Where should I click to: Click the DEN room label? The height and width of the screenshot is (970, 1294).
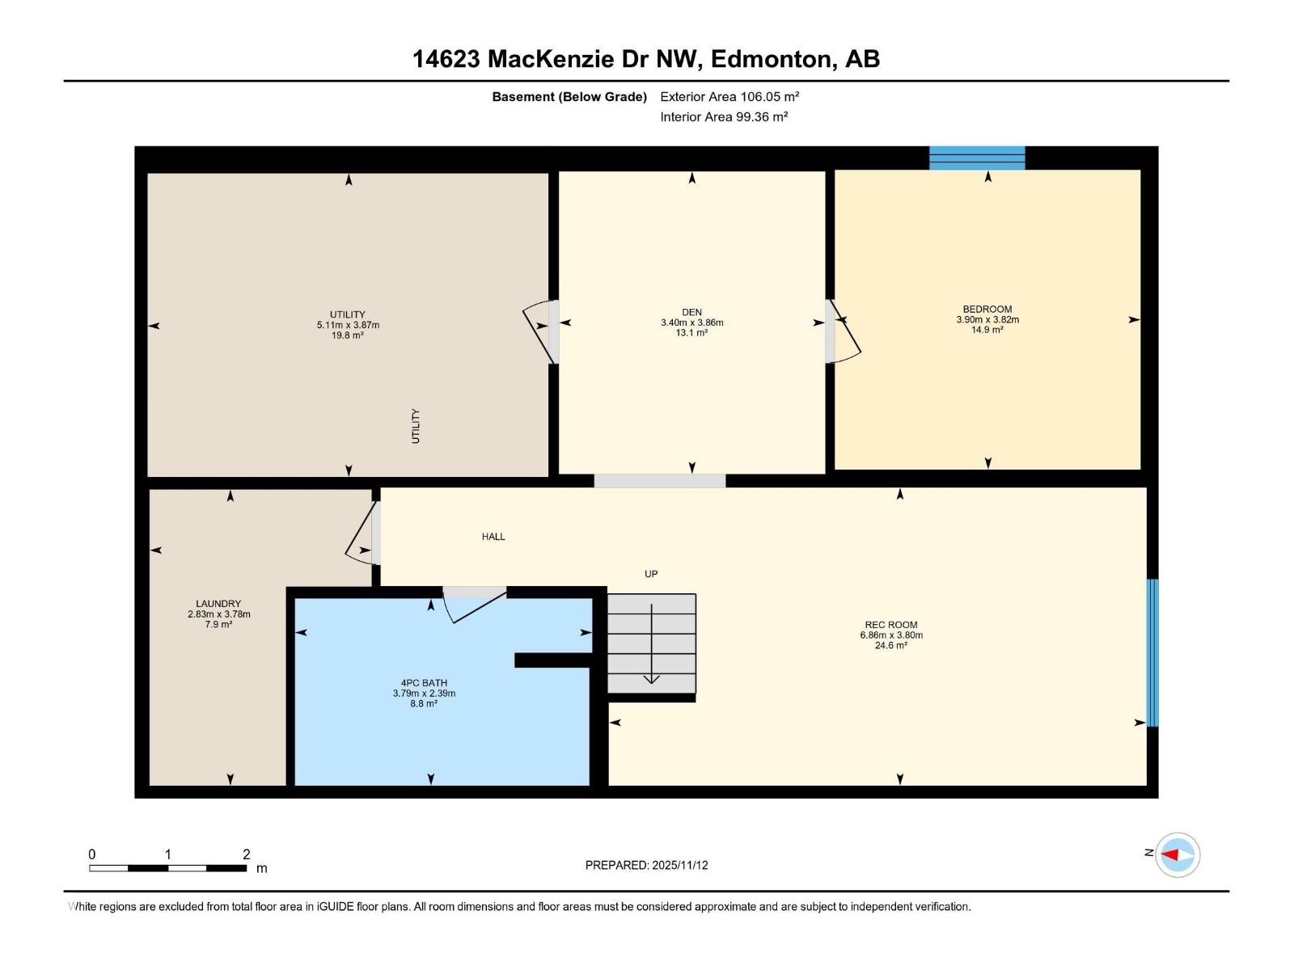pos(691,312)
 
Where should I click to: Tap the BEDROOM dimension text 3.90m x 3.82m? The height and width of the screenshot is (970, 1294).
pos(987,319)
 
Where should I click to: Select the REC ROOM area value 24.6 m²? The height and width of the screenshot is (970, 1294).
pos(890,645)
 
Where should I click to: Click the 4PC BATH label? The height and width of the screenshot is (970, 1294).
pos(424,683)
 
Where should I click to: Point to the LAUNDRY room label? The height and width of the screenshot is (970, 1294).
pos(218,604)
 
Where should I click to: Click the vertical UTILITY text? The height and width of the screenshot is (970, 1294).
pos(416,426)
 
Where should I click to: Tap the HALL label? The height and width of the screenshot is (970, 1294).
pos(493,537)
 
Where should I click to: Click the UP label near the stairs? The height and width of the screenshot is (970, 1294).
pos(651,574)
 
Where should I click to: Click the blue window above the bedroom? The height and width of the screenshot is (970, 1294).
pos(977,158)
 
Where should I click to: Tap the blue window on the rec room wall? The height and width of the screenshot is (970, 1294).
pos(1152,652)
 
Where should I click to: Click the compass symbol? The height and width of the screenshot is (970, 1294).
pos(1177,854)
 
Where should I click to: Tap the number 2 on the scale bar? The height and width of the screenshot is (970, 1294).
pos(247,854)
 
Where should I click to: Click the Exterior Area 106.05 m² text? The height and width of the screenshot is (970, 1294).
pos(729,96)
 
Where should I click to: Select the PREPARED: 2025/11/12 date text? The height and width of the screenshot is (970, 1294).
pos(646,865)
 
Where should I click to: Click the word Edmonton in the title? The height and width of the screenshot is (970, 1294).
pos(773,59)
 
